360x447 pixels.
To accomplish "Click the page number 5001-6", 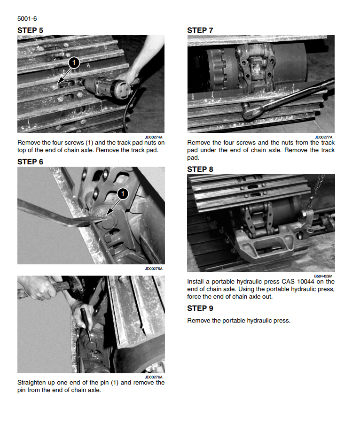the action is (27, 19).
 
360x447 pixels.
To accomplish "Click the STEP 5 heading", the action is (30, 31).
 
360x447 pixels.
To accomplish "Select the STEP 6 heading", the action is (30, 162).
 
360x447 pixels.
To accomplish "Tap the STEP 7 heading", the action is (200, 31).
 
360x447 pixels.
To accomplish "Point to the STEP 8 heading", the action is (200, 170).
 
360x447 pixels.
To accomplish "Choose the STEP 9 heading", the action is (200, 308).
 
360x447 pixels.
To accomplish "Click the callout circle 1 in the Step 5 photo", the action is (74, 63).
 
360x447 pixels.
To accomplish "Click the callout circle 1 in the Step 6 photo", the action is (123, 194).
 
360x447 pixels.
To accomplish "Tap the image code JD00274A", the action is (154, 137).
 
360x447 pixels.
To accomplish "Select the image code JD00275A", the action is (154, 269).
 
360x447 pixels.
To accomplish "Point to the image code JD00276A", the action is (154, 377).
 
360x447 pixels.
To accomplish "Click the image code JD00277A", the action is (323, 137).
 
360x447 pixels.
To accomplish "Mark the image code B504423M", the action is (323, 276).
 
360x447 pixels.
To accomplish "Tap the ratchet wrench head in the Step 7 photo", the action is (252, 111).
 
